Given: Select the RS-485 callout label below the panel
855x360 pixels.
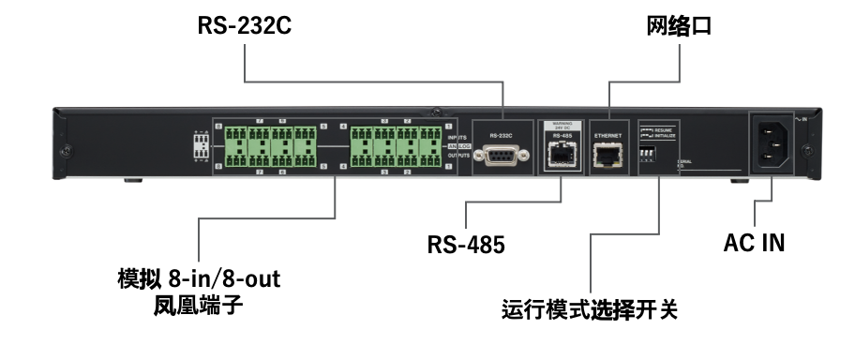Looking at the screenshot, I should [466, 247].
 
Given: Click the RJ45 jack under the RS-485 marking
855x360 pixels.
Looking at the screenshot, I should [560, 156].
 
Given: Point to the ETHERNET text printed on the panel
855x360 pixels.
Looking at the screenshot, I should [608, 136].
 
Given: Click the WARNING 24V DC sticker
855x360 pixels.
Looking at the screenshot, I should [561, 125].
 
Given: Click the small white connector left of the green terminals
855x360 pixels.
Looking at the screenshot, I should [201, 144].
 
